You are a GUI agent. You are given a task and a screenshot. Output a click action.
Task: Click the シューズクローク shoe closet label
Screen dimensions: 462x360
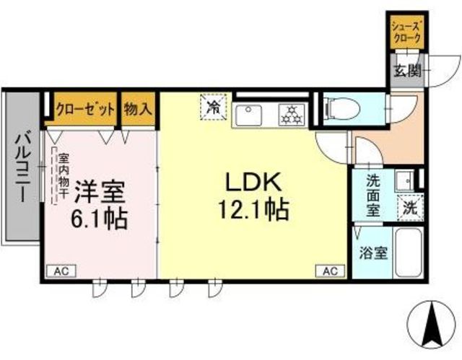(x=406, y=32)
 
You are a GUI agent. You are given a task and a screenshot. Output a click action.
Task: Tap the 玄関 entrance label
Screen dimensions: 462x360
(x=408, y=71)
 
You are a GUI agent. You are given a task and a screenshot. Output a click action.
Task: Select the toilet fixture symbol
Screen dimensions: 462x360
(x=341, y=109)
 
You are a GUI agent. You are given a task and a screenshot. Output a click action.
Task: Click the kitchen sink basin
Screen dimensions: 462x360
(x=249, y=115)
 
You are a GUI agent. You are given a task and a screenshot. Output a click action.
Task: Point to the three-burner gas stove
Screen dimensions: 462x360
(x=292, y=115)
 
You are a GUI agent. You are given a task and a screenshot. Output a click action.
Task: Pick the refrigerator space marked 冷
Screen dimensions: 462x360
(x=214, y=107)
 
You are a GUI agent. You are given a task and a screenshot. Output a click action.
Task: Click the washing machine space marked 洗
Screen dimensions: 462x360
(x=410, y=208)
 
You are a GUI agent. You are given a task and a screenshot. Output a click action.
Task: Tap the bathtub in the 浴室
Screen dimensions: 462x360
(x=408, y=253)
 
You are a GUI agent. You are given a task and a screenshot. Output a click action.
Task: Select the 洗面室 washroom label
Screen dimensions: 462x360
(x=373, y=196)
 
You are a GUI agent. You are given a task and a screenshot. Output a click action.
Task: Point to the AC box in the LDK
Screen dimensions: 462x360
(x=331, y=271)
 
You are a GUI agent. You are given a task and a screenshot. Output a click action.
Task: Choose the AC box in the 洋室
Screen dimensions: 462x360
(x=61, y=271)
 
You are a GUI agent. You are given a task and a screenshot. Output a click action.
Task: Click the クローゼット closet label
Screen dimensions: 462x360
(x=85, y=110)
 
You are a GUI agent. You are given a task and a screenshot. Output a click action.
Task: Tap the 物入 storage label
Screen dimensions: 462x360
(x=138, y=109)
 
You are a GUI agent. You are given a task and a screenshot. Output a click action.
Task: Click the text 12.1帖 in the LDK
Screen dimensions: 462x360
(x=253, y=209)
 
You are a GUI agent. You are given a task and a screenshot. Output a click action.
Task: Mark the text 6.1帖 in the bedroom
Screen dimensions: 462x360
(x=99, y=219)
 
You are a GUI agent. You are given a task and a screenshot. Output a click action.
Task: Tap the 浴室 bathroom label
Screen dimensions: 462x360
(x=372, y=253)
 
